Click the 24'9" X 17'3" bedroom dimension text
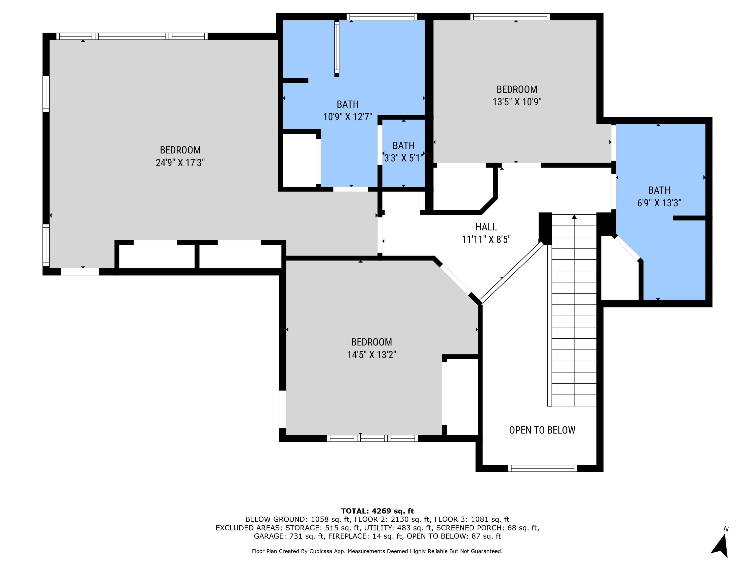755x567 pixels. click(x=180, y=163)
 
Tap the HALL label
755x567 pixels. click(x=486, y=227)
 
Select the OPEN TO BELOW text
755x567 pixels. click(x=542, y=430)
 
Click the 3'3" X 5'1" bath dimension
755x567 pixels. click(x=403, y=158)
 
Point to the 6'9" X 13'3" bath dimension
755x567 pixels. click(x=659, y=203)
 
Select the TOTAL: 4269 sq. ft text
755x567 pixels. click(x=377, y=511)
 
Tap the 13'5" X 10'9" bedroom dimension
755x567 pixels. click(x=517, y=102)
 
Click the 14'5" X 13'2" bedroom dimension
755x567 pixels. click(x=371, y=355)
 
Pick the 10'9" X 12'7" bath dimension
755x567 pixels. click(x=348, y=117)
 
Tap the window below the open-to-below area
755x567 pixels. click(x=542, y=468)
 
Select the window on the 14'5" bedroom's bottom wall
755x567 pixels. click(x=372, y=438)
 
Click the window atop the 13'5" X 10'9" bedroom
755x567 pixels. click(x=510, y=17)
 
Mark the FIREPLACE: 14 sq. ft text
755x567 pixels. click(x=365, y=536)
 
